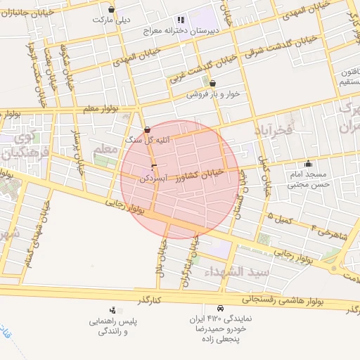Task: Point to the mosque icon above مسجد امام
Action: pos(308,162)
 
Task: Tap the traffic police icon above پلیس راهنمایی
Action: pos(112,310)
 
